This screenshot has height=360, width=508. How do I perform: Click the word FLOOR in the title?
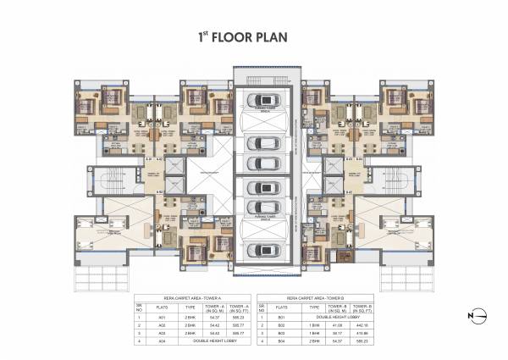pyautogui.click(x=224, y=38)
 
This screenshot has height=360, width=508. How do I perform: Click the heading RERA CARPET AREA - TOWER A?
pyautogui.click(x=192, y=297)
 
